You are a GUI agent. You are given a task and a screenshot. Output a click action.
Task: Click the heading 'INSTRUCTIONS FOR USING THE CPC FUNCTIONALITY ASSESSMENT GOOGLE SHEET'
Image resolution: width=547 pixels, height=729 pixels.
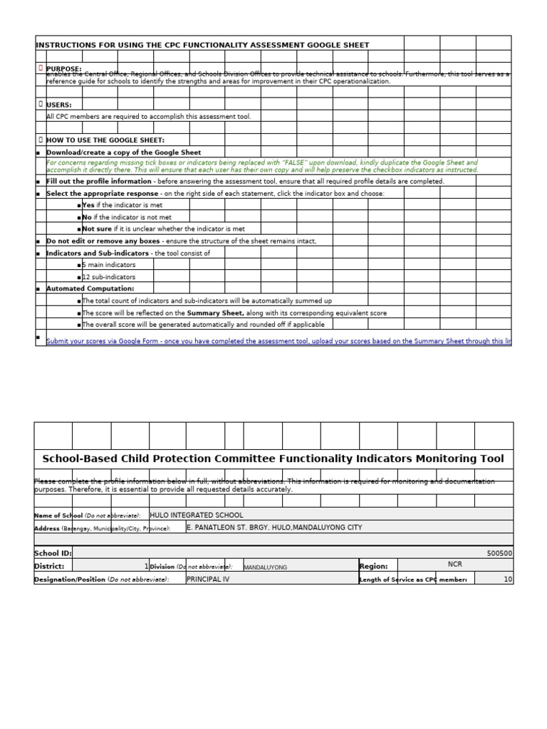(203, 45)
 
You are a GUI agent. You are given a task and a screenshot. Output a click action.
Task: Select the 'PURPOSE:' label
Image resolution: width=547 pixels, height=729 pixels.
(64, 69)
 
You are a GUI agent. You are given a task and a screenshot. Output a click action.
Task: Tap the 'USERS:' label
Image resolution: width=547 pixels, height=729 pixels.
(59, 105)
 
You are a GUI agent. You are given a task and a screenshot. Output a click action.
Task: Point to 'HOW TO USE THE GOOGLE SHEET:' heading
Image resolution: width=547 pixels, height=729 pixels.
(105, 140)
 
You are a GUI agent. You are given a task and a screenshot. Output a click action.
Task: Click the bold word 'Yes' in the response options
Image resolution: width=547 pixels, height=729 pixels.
(88, 205)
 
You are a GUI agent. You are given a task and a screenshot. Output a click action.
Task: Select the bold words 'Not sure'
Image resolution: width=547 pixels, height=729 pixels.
(97, 229)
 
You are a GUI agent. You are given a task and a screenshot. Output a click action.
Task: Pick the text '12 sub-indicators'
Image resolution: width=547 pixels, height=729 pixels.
(108, 277)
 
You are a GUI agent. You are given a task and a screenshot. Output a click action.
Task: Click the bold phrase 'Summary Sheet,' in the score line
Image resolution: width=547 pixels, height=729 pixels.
(214, 313)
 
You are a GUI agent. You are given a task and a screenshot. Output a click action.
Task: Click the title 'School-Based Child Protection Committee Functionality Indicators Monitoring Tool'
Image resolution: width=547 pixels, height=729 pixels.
(273, 459)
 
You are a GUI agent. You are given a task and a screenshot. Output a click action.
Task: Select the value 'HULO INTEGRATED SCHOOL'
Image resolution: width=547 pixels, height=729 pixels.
(197, 515)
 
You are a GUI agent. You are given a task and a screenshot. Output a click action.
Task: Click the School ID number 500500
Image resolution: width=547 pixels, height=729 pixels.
(499, 553)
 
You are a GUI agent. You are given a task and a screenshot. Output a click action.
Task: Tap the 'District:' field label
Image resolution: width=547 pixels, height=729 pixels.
(49, 567)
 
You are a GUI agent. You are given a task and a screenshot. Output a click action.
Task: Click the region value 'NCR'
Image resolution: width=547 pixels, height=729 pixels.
(455, 565)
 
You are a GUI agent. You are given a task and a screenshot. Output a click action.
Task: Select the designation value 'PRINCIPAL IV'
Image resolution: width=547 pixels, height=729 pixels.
(208, 579)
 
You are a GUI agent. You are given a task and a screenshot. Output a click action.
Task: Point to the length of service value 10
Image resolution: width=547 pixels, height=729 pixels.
(508, 579)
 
